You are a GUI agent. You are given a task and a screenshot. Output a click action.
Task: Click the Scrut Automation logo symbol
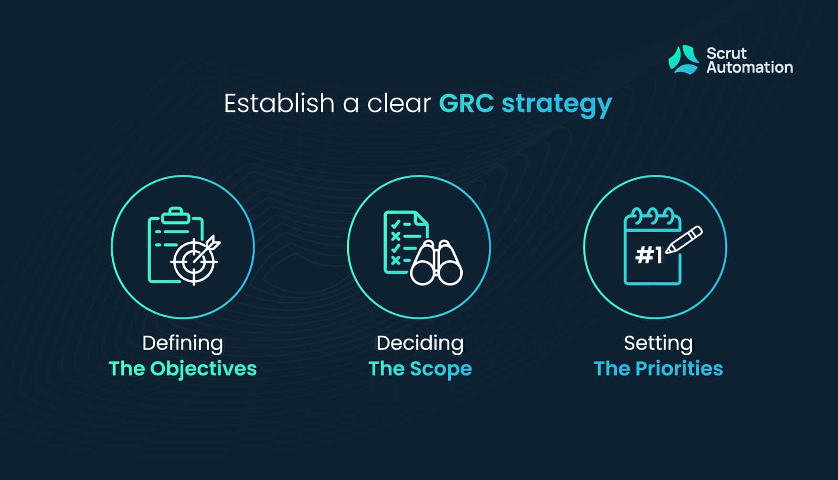point(683,60)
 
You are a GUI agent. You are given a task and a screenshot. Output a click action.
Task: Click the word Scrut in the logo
point(726,53)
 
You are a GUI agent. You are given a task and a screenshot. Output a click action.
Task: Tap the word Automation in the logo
point(750,67)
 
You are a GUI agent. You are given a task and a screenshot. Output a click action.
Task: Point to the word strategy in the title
point(557,105)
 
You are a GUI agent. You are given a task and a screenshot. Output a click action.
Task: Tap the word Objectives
point(203,370)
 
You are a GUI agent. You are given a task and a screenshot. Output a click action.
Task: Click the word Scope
point(441,370)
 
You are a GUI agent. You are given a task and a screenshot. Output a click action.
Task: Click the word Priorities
point(679,369)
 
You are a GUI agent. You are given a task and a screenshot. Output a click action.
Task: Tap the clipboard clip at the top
point(176,215)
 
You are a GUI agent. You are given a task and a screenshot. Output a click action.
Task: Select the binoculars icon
point(436,262)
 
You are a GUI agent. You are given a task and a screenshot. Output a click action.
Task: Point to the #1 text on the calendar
point(649,255)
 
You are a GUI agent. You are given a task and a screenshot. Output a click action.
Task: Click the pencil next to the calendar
point(684,240)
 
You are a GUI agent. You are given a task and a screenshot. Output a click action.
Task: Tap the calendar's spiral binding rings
point(653,216)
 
